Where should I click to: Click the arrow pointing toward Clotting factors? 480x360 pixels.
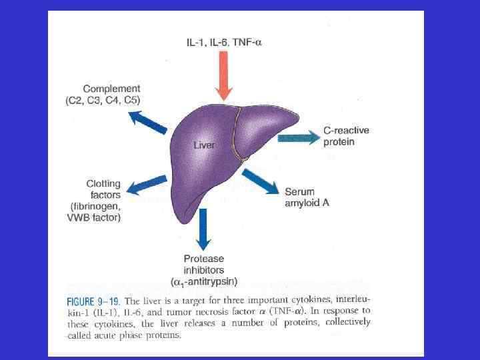coord(145,186)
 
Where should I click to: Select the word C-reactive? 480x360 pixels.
coord(347,131)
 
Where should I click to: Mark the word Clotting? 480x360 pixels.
coord(103,184)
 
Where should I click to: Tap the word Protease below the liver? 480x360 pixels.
coord(203,259)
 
